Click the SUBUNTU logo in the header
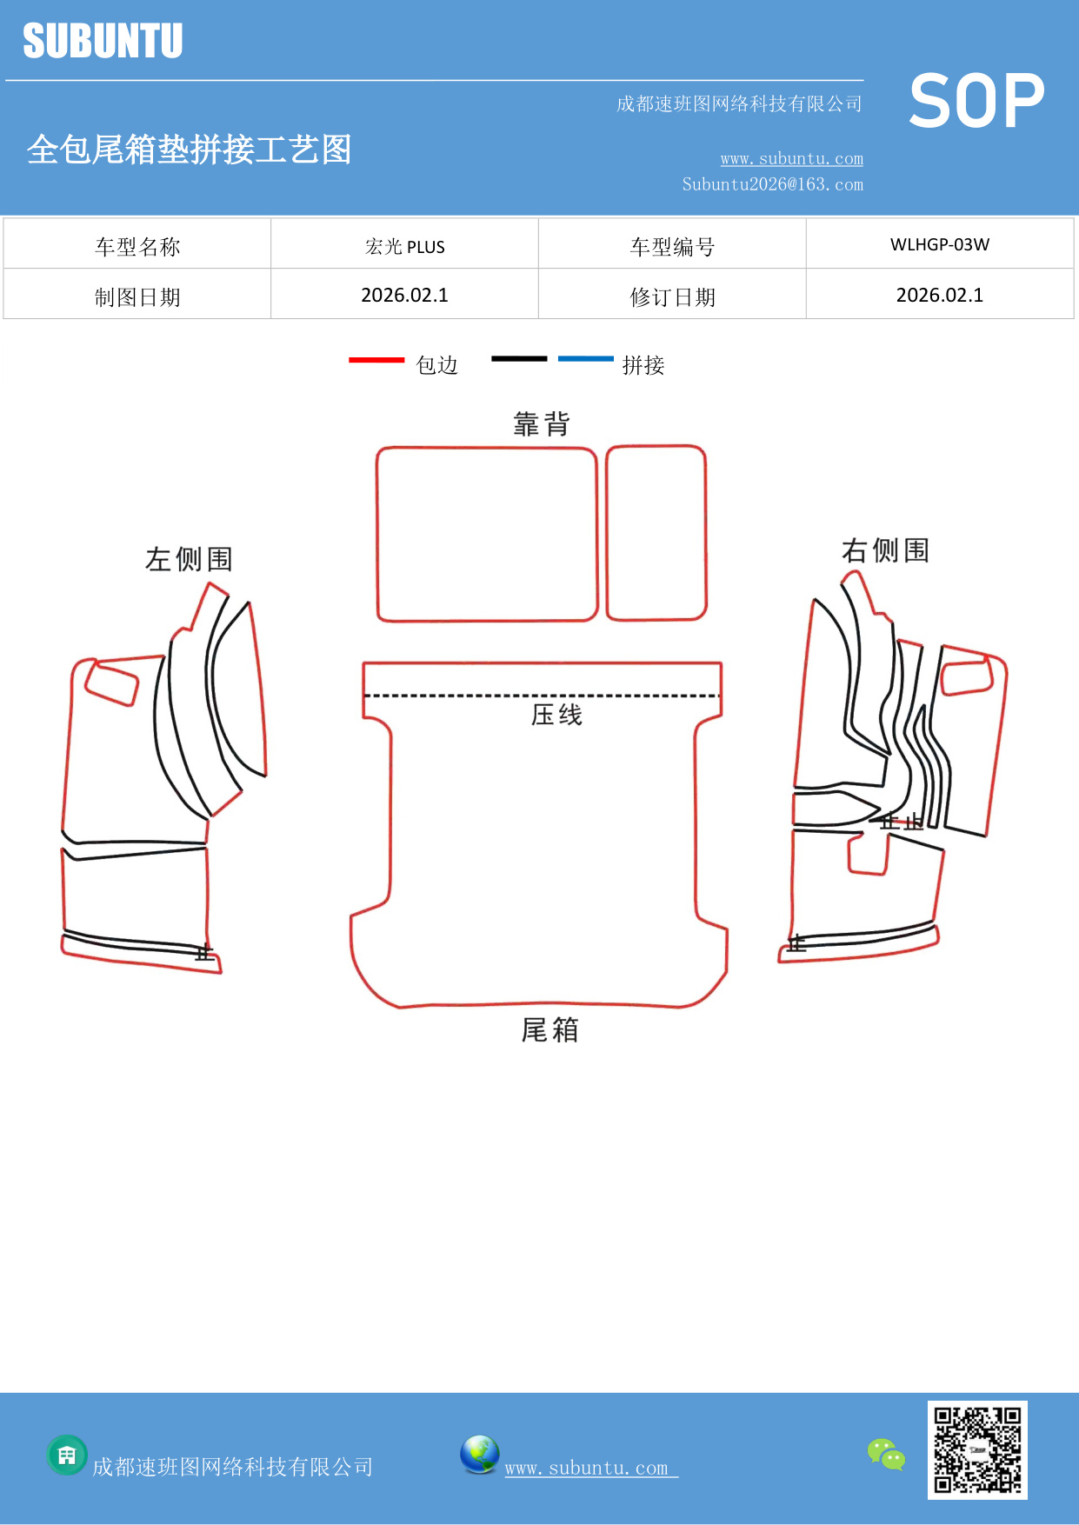[x=103, y=41]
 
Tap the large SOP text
[x=976, y=102]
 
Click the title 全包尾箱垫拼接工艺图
[x=189, y=150]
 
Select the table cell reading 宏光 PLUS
[x=404, y=247]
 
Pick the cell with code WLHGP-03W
[x=939, y=244]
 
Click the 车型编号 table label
[x=672, y=247]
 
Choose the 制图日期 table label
[x=137, y=297]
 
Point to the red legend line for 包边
[x=376, y=359]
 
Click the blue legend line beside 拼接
[x=585, y=358]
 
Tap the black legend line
[x=519, y=358]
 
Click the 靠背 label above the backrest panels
[x=542, y=424]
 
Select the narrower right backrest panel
[x=656, y=533]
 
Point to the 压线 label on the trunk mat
[x=556, y=715]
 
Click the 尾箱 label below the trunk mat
[x=549, y=1030]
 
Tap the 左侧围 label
[x=189, y=559]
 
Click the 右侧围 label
[x=885, y=550]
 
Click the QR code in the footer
[x=977, y=1450]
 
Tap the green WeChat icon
[x=886, y=1455]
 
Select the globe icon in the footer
[x=479, y=1455]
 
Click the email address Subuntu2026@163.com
[x=772, y=184]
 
